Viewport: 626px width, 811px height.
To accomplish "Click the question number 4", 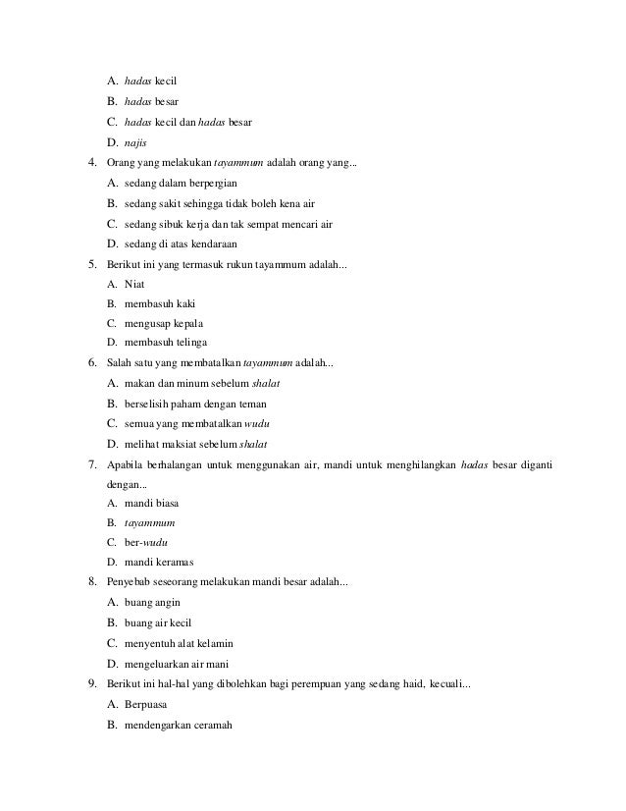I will click(x=91, y=162).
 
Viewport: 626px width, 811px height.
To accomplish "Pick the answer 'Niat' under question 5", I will click(x=134, y=283).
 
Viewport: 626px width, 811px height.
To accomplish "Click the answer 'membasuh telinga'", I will click(x=166, y=343).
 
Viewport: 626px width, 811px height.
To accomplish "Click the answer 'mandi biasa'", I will click(x=152, y=503).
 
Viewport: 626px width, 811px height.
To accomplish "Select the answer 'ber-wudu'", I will click(x=140, y=542).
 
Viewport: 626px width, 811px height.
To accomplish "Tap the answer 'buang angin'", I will click(x=152, y=603).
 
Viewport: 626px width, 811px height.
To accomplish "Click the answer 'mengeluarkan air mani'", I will click(x=178, y=664).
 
